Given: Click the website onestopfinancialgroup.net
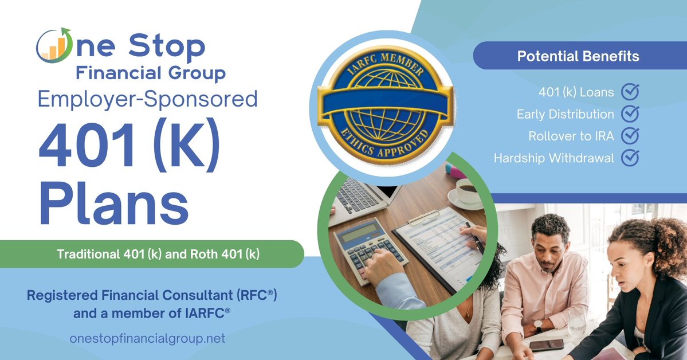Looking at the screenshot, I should click(x=147, y=339).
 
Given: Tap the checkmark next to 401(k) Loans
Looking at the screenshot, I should click(x=630, y=92).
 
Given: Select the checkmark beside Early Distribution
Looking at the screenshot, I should click(x=630, y=114).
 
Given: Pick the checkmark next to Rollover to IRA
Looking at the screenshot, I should click(x=630, y=135).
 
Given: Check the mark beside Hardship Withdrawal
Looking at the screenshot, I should click(x=630, y=157).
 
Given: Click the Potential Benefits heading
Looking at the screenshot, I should click(x=578, y=57).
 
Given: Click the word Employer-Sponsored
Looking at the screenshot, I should click(x=147, y=100).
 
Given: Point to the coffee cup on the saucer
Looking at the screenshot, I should click(x=466, y=191).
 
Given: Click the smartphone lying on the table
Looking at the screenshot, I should click(x=545, y=345).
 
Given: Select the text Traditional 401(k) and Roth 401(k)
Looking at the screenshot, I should click(x=158, y=254).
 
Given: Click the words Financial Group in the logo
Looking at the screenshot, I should click(x=151, y=73).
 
